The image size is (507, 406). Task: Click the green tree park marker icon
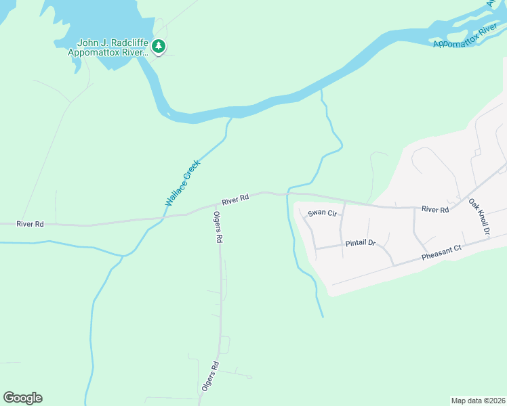coord(159,47)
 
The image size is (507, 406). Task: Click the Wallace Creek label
coord(182,183)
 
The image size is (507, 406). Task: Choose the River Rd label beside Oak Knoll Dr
coord(435,210)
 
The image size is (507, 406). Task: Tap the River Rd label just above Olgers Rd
coord(235,200)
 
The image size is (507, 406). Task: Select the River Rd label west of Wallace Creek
coord(30,224)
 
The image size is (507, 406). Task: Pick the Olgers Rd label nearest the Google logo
coord(210,377)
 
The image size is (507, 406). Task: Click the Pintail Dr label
coord(361,242)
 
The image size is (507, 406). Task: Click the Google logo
coord(22,398)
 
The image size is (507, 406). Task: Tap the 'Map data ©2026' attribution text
coord(477,400)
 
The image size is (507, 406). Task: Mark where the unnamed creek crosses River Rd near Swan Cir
coord(288,194)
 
